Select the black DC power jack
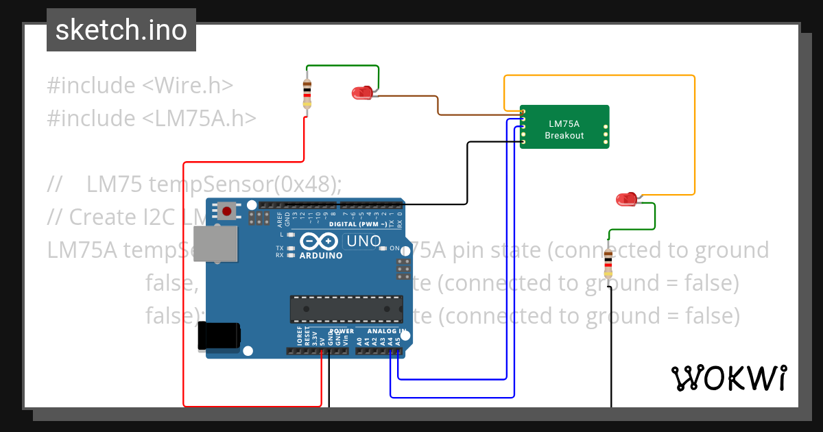point(219,336)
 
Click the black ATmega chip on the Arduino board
point(346,309)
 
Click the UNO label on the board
point(363,241)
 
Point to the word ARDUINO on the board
point(321,256)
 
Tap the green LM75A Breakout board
point(564,126)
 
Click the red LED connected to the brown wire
point(361,93)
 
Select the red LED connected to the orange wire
point(625,200)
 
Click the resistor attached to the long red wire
point(307,94)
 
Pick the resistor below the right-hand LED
point(608,264)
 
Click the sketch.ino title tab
point(121,30)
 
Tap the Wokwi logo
point(728,378)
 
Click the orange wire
point(695,137)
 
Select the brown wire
point(439,104)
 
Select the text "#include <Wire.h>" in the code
point(141,86)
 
